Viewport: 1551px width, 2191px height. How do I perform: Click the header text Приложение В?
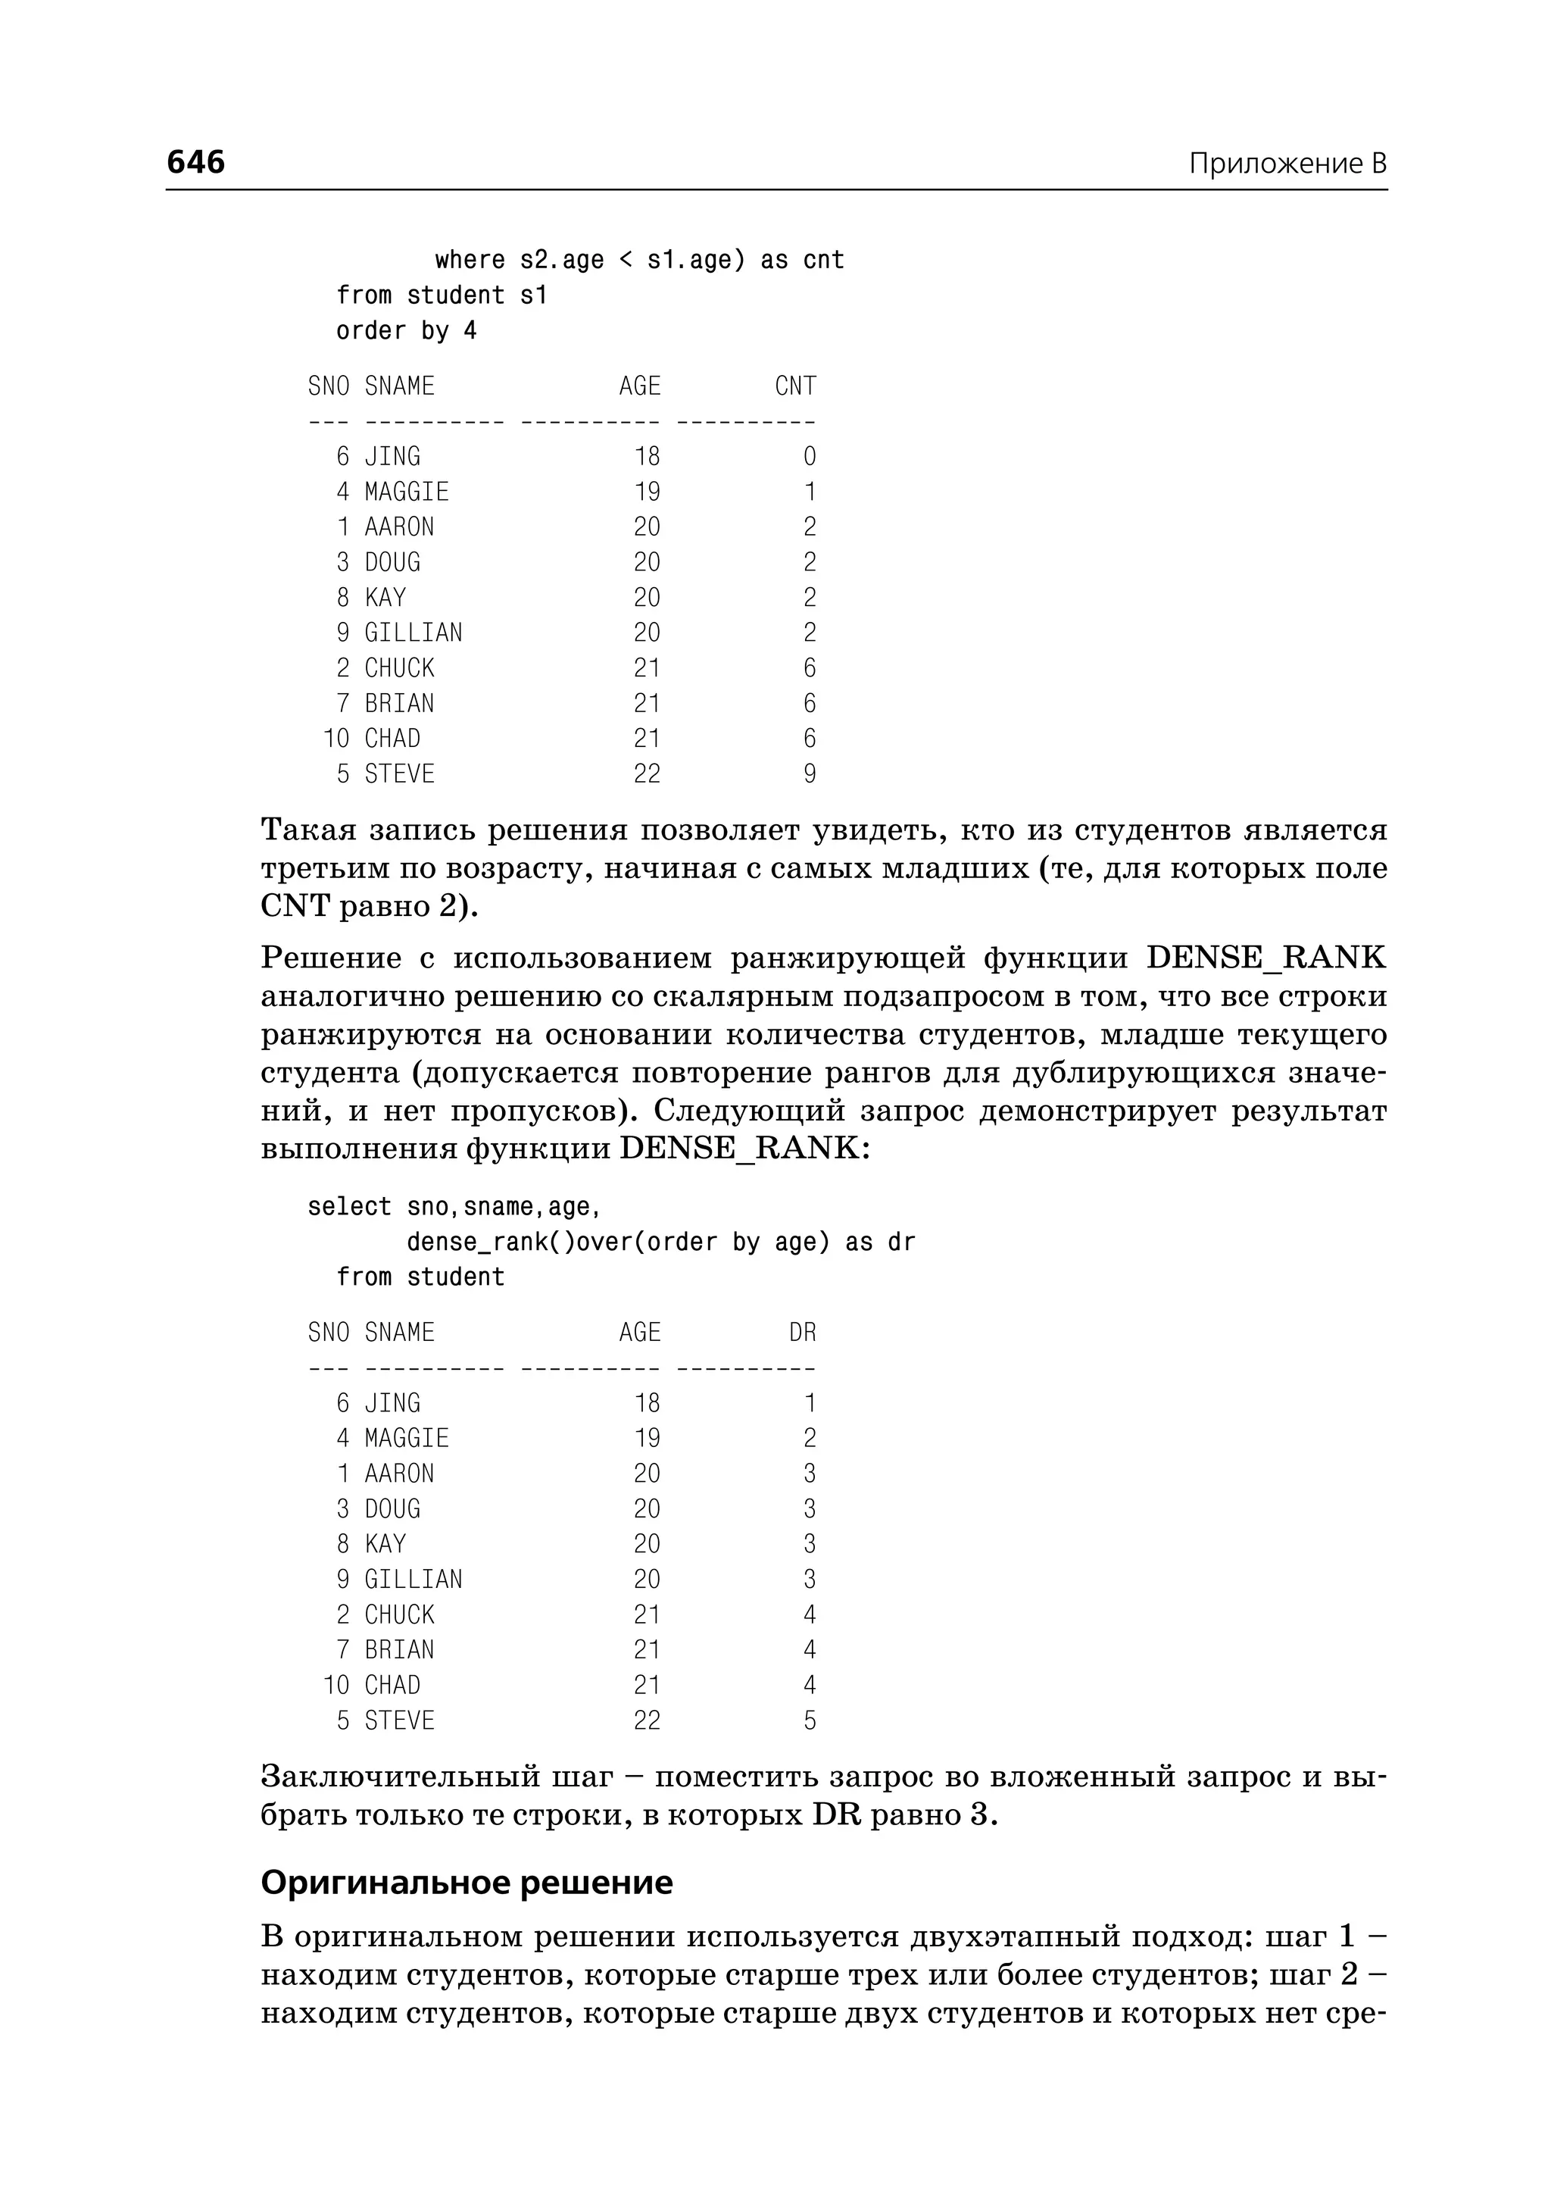[1287, 164]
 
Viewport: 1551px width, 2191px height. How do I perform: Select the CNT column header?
[794, 386]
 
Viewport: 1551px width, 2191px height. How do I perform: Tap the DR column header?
[802, 1332]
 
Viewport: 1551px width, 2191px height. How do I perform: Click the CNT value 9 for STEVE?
[809, 774]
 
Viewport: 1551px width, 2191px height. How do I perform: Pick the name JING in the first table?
[392, 457]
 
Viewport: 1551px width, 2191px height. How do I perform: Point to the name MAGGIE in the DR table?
[406, 1438]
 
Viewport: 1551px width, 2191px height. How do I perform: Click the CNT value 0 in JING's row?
[809, 457]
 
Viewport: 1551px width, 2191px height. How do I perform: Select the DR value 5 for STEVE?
[809, 1721]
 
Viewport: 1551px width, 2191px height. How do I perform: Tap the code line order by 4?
[406, 330]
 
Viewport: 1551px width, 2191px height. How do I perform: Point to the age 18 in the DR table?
[647, 1402]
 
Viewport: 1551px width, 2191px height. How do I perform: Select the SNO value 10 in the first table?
[336, 739]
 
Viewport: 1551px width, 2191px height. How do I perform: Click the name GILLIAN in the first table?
[413, 633]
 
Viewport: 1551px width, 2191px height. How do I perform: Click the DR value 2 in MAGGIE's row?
[809, 1438]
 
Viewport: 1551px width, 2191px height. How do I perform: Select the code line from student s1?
[442, 295]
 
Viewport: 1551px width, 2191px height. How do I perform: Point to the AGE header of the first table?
[639, 386]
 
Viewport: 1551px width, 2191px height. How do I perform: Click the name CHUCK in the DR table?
[399, 1614]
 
